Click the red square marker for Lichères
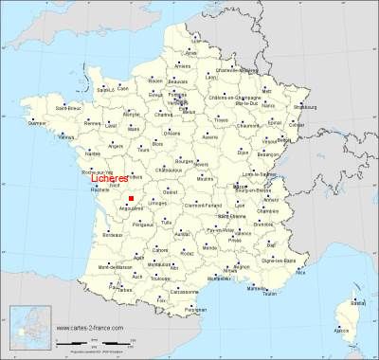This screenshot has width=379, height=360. pyautogui.click(x=131, y=197)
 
